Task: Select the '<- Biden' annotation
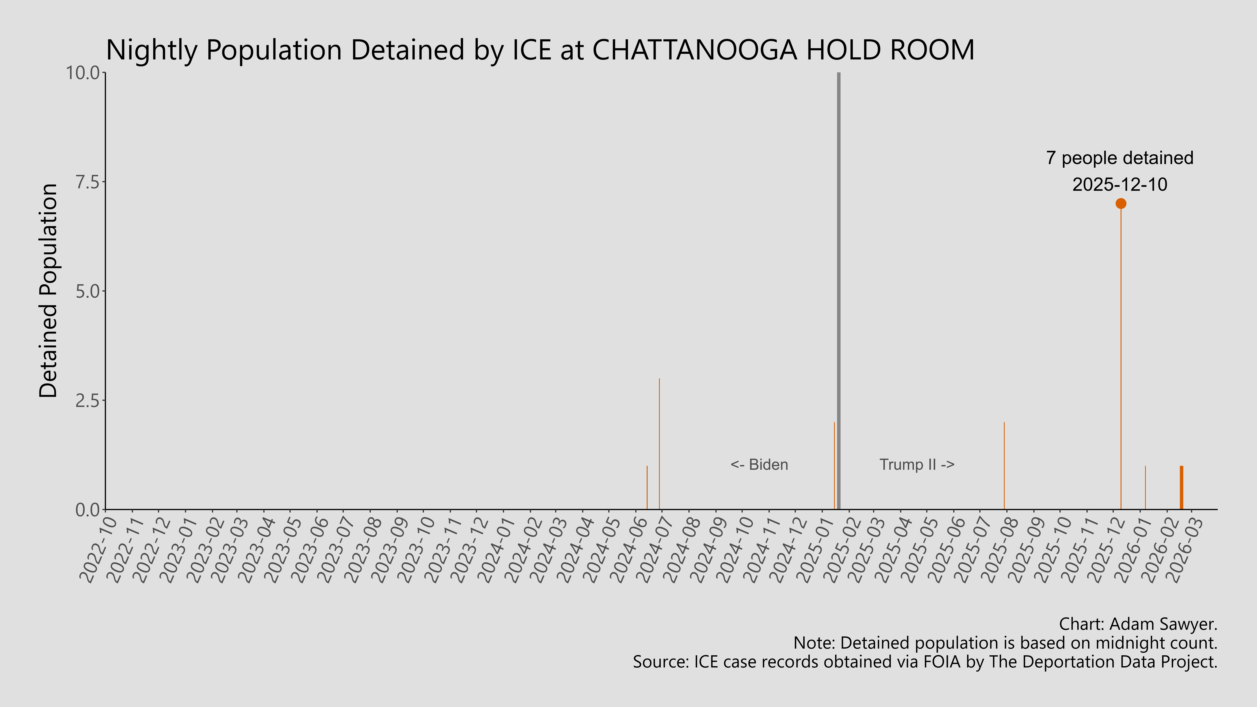(759, 465)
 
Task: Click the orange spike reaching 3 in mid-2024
(659, 444)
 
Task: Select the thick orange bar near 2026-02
(1181, 488)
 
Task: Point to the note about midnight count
(1005, 643)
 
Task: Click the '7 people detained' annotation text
(1119, 158)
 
